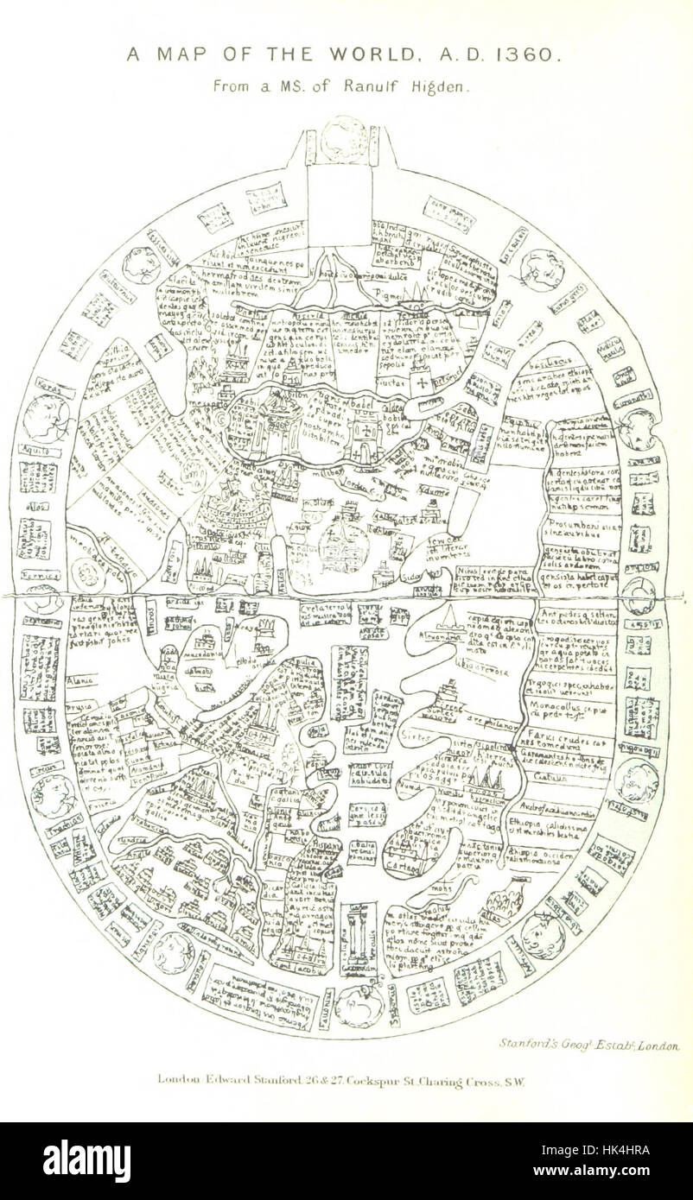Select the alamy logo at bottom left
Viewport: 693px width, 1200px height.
[86, 1160]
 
